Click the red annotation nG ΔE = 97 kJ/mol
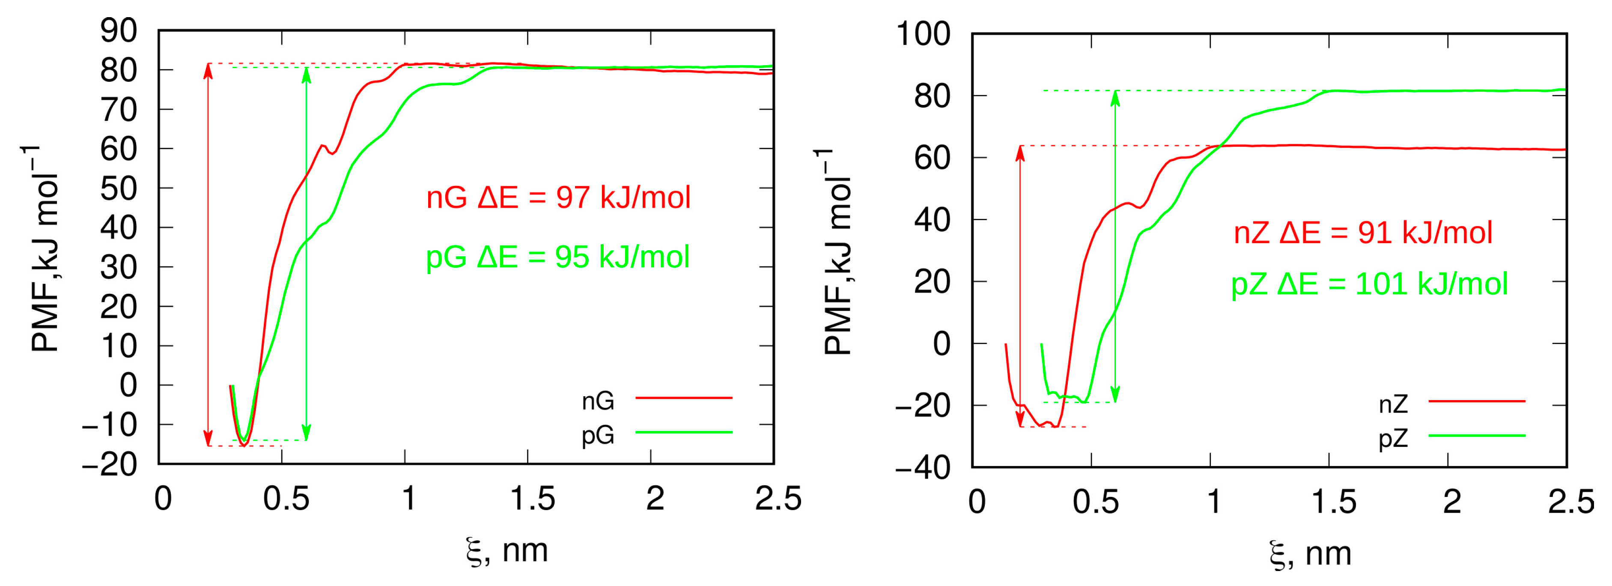[x=558, y=198]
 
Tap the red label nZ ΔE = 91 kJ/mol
[x=1363, y=233]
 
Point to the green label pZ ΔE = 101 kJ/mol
[x=1369, y=284]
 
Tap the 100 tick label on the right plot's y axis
[x=923, y=34]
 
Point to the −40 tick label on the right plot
[x=923, y=468]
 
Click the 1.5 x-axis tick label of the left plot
[x=532, y=499]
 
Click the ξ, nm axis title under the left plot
[x=507, y=551]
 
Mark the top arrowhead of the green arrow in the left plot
[x=306, y=74]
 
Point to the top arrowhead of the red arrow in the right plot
[x=1020, y=152]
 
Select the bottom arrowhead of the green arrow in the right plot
[x=1115, y=396]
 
